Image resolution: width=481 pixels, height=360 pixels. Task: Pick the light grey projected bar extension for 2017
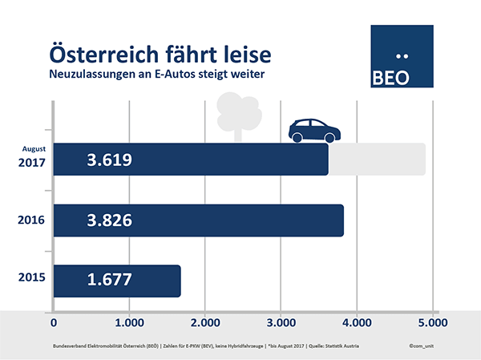click(x=377, y=159)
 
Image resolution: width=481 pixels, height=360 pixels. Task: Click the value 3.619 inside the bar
click(x=108, y=160)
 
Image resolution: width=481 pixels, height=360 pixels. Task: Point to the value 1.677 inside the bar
click(x=108, y=281)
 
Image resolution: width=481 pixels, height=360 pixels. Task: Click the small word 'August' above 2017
click(x=34, y=148)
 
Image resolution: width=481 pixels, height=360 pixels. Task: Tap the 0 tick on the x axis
click(x=54, y=323)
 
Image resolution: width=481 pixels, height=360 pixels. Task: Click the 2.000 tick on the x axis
click(x=204, y=323)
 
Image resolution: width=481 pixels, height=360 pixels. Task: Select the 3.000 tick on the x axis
click(x=281, y=323)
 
